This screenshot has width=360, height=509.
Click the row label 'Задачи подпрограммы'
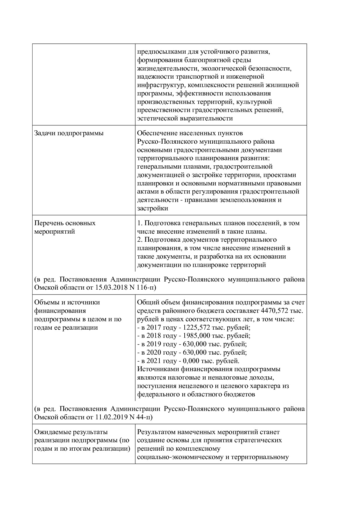69,133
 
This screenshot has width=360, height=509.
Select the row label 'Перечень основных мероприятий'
65,227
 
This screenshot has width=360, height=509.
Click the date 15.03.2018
111,288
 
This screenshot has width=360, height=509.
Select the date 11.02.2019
111,417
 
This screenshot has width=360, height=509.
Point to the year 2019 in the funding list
154,344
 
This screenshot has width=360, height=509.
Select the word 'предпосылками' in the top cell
158,52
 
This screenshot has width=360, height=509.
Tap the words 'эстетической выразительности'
185,118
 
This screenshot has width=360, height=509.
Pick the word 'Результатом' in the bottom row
155,432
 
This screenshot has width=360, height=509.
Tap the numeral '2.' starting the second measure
140,240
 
